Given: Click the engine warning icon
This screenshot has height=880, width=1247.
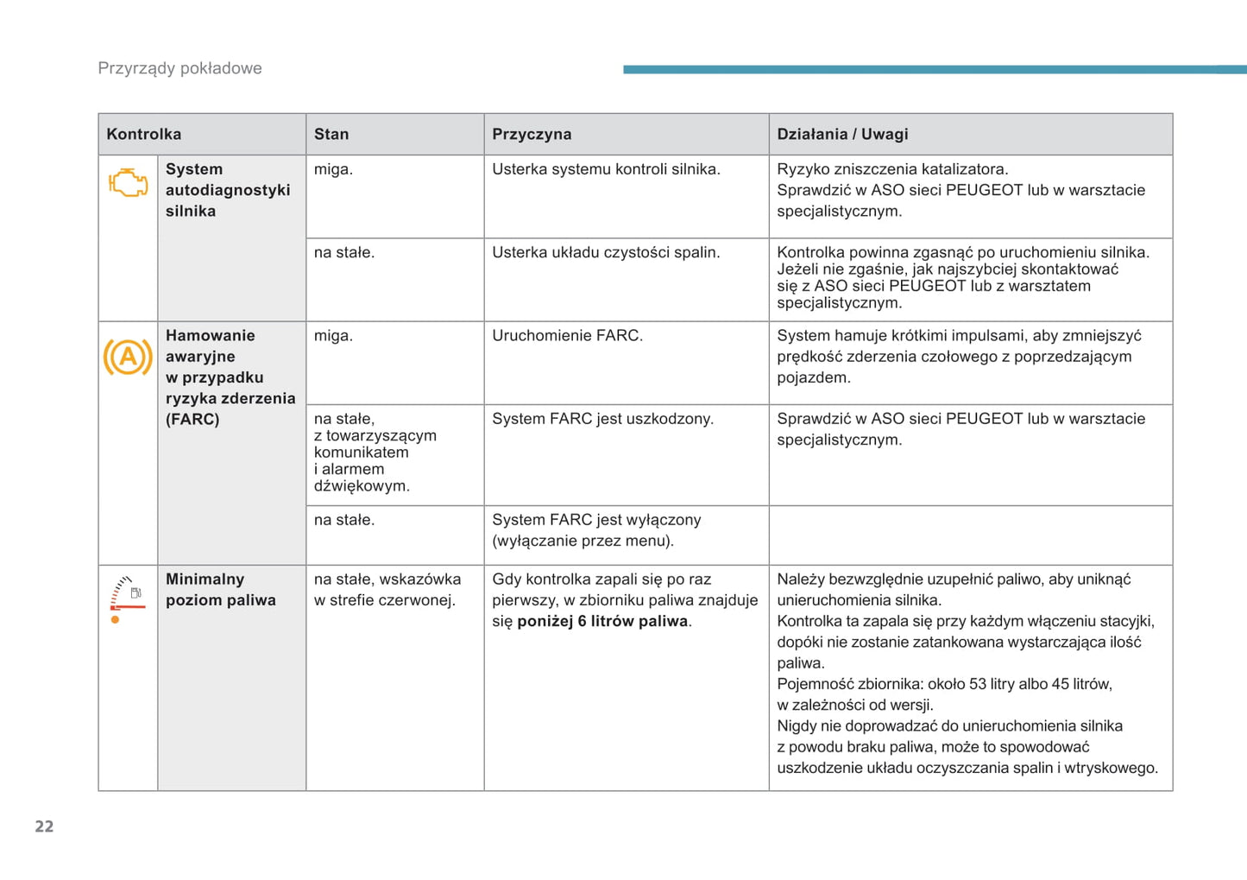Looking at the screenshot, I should click(x=128, y=183).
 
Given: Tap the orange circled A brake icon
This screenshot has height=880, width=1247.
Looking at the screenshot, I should click(x=128, y=357).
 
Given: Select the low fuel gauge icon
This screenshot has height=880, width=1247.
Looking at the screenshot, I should click(x=127, y=598).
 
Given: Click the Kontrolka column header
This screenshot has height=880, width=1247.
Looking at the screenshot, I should click(x=144, y=134).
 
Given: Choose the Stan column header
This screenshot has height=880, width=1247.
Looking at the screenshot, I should click(x=331, y=134).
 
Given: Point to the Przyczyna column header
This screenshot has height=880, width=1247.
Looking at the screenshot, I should click(x=532, y=134).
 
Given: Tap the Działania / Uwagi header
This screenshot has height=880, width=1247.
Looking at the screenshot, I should click(x=842, y=134).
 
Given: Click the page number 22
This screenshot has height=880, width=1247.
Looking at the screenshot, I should click(x=44, y=826).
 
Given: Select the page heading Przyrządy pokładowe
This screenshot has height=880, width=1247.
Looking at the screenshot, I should click(x=179, y=68).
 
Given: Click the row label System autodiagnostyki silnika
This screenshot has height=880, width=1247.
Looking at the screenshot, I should click(x=228, y=190).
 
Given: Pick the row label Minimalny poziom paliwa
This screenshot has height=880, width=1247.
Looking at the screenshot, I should click(x=221, y=590).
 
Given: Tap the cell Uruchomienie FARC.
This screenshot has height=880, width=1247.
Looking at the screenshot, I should click(x=567, y=335).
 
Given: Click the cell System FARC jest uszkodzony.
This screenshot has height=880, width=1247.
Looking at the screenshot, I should click(x=602, y=419).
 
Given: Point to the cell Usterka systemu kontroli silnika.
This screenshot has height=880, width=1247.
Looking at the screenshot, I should click(x=606, y=169).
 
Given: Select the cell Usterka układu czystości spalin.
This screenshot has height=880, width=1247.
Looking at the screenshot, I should click(x=606, y=252).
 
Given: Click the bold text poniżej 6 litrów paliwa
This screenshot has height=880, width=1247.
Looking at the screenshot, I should click(x=602, y=621).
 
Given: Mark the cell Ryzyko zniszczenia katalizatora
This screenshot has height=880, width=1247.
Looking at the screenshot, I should click(x=892, y=169).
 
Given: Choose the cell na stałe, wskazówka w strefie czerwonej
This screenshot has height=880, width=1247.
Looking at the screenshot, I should click(x=387, y=590).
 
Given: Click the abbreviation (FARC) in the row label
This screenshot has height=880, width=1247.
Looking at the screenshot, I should click(x=192, y=419).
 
